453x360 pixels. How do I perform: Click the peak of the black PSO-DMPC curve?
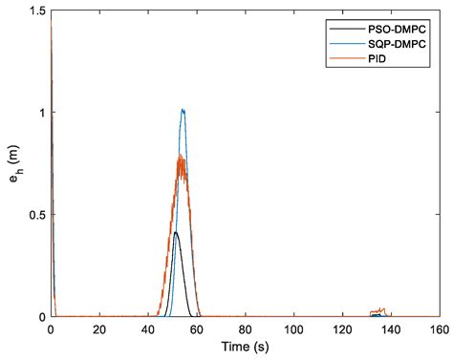[x=175, y=232]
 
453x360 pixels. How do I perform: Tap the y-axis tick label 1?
[x=40, y=112]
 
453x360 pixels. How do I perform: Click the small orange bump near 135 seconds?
[x=379, y=310]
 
